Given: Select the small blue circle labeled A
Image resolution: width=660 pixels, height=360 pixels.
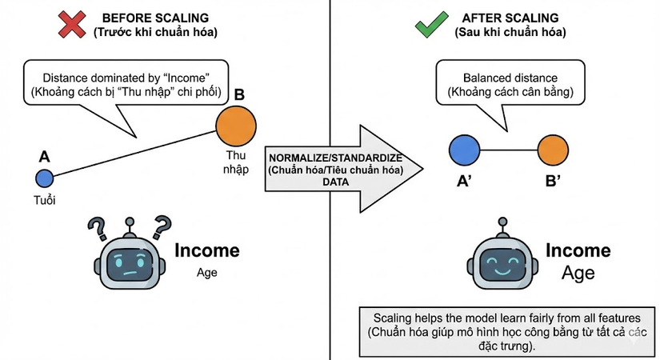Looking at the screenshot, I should click(x=44, y=178).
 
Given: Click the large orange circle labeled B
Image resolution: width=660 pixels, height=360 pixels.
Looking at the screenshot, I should click(x=237, y=125).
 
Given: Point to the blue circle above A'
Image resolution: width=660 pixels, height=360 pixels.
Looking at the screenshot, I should click(x=464, y=150).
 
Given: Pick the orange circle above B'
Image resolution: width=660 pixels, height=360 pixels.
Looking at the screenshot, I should click(x=553, y=150).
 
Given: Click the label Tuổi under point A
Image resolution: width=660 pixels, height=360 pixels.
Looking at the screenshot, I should click(x=44, y=199).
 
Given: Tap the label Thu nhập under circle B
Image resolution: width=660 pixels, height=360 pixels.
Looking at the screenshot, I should click(x=237, y=162).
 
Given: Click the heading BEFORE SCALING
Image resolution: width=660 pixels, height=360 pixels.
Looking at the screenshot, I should click(x=157, y=17).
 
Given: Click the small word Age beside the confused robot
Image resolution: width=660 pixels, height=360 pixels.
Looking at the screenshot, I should click(x=207, y=272).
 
